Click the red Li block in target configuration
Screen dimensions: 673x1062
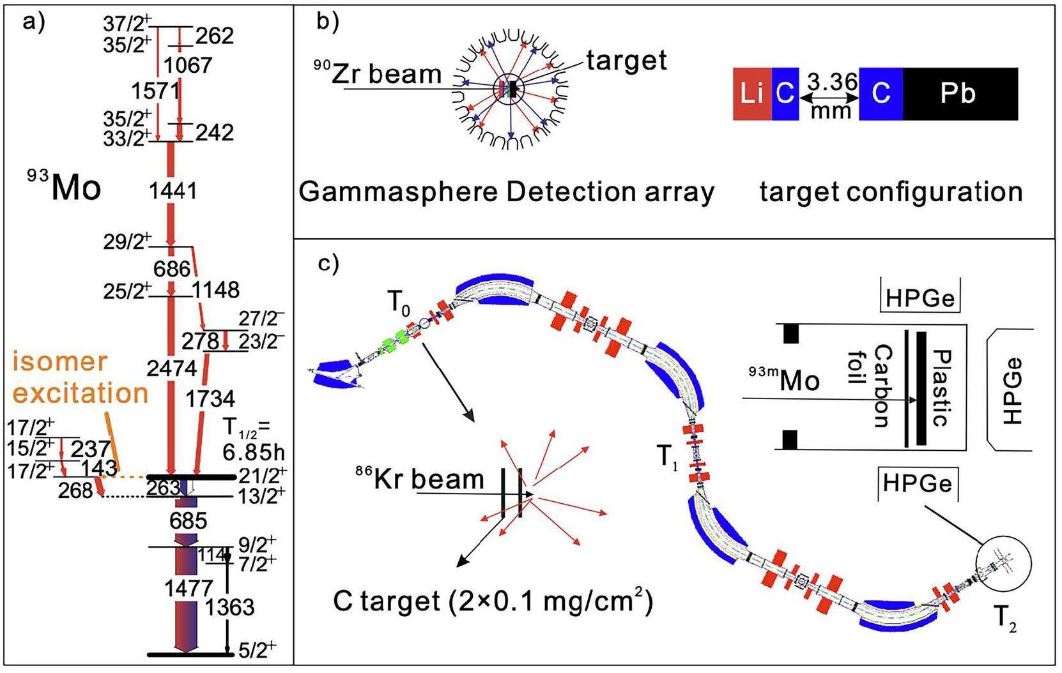[751, 94]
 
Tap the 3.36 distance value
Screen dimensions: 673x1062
[832, 82]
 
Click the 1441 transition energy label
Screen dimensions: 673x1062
[173, 190]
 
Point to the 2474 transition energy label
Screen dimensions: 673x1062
[171, 368]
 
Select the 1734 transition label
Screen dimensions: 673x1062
[210, 399]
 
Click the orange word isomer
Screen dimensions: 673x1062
[59, 362]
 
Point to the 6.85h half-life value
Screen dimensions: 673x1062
[254, 452]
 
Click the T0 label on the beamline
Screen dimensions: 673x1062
[399, 304]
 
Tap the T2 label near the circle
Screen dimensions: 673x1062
[1004, 618]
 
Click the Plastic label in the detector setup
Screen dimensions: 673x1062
[942, 387]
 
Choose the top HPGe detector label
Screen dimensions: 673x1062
[920, 298]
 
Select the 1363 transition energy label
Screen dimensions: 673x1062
[229, 607]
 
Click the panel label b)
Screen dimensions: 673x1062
[328, 22]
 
